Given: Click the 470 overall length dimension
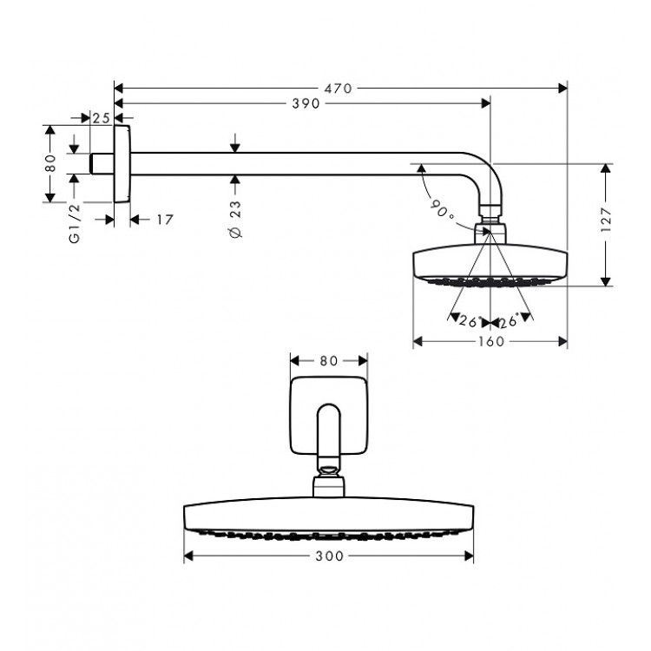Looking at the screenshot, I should pos(340,88).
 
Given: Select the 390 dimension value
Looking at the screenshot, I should pos(305,103).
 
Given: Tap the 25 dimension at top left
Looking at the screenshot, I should pos(101,117).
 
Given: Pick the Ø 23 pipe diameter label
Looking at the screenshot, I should pos(235,219).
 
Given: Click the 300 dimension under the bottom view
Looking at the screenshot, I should pos(329,556).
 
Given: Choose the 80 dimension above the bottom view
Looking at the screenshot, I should pos(328,359).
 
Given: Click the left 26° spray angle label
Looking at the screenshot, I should pos(469,321).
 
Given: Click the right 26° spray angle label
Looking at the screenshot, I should pos(510,321).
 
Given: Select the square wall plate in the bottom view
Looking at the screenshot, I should pos(328,417).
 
